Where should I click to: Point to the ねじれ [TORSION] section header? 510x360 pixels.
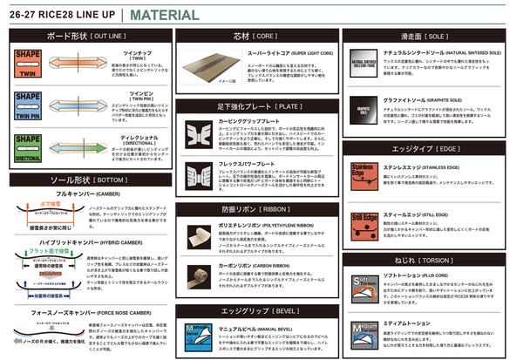[423, 260]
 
